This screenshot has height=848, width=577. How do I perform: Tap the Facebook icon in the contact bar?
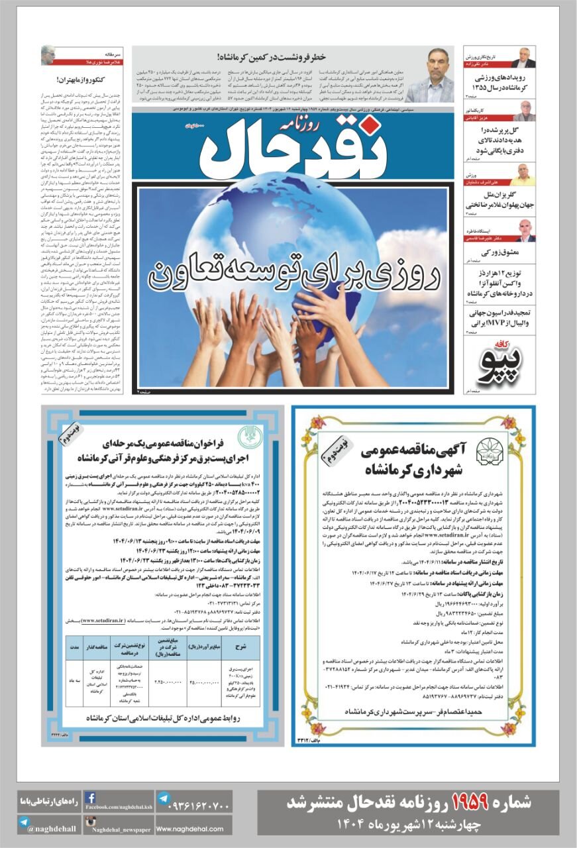91,798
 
